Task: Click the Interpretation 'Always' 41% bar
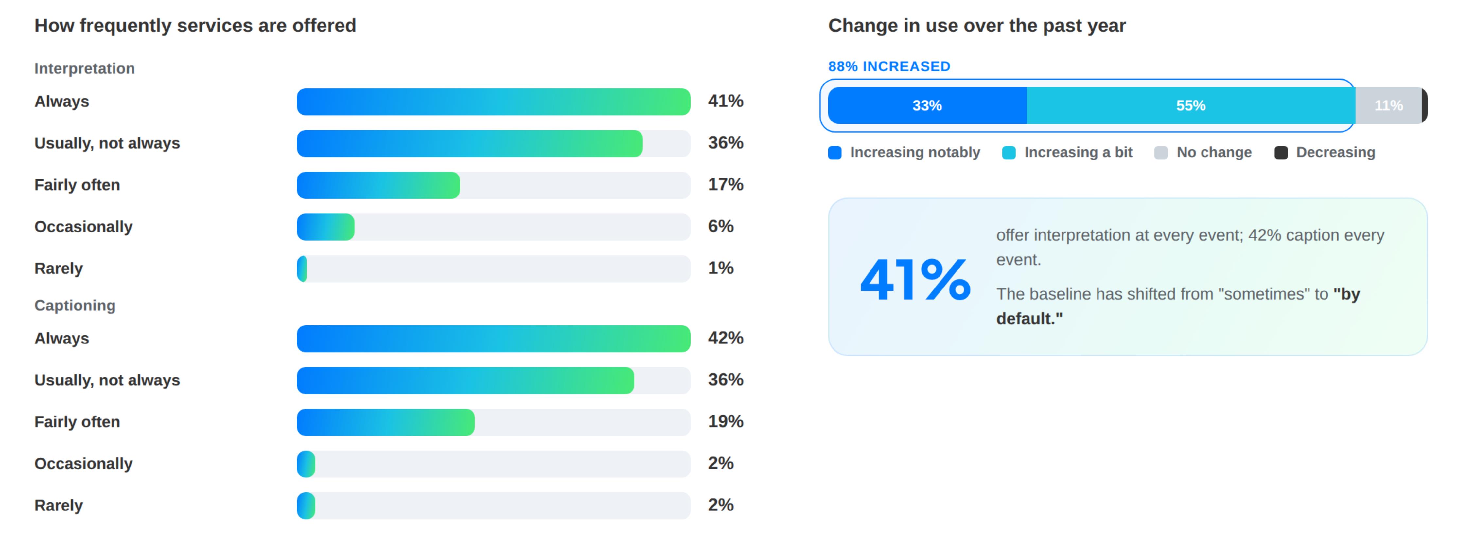point(494,102)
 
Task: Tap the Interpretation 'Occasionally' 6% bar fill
point(325,227)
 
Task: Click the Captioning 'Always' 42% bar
point(494,339)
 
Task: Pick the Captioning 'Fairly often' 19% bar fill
point(385,422)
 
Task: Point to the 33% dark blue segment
point(927,105)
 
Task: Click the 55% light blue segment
point(1191,105)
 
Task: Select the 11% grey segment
point(1388,105)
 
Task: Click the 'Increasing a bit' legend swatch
point(1009,153)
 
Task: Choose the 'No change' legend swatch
point(1161,153)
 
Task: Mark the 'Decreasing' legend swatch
point(1281,153)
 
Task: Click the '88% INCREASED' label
point(889,67)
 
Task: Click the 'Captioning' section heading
point(75,306)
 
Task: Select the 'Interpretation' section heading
point(84,68)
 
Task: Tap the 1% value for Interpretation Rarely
point(721,268)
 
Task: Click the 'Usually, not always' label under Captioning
point(107,380)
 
